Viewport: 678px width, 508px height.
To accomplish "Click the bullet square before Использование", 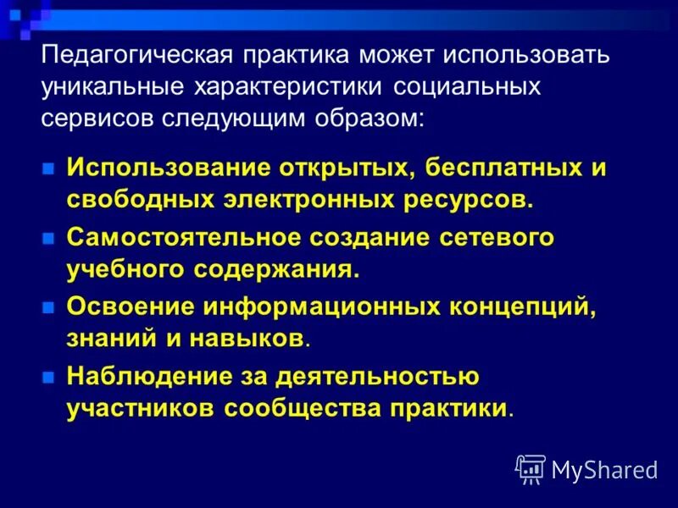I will pos(49,167).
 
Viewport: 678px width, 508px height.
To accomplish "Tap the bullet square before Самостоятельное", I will pos(49,239).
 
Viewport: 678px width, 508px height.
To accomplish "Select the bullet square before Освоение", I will pos(49,308).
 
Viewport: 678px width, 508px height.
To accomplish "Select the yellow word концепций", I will pos(524,307).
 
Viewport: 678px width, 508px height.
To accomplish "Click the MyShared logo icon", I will pos(531,468).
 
